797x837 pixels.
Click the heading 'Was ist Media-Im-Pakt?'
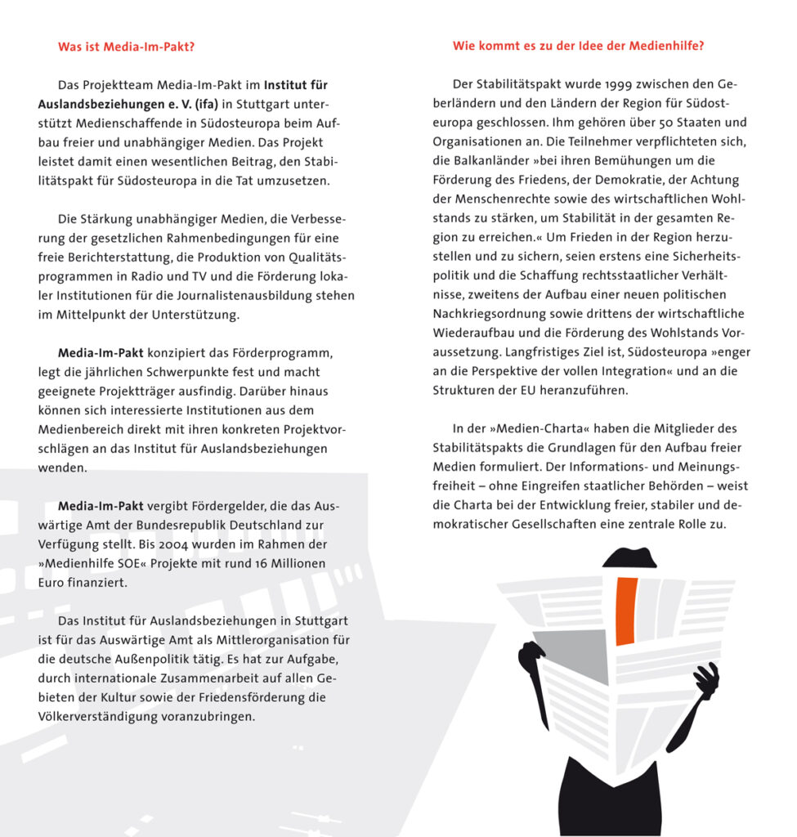point(126,47)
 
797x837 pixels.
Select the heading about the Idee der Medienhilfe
point(578,47)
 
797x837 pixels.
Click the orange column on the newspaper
point(626,609)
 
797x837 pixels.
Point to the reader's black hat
point(629,557)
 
